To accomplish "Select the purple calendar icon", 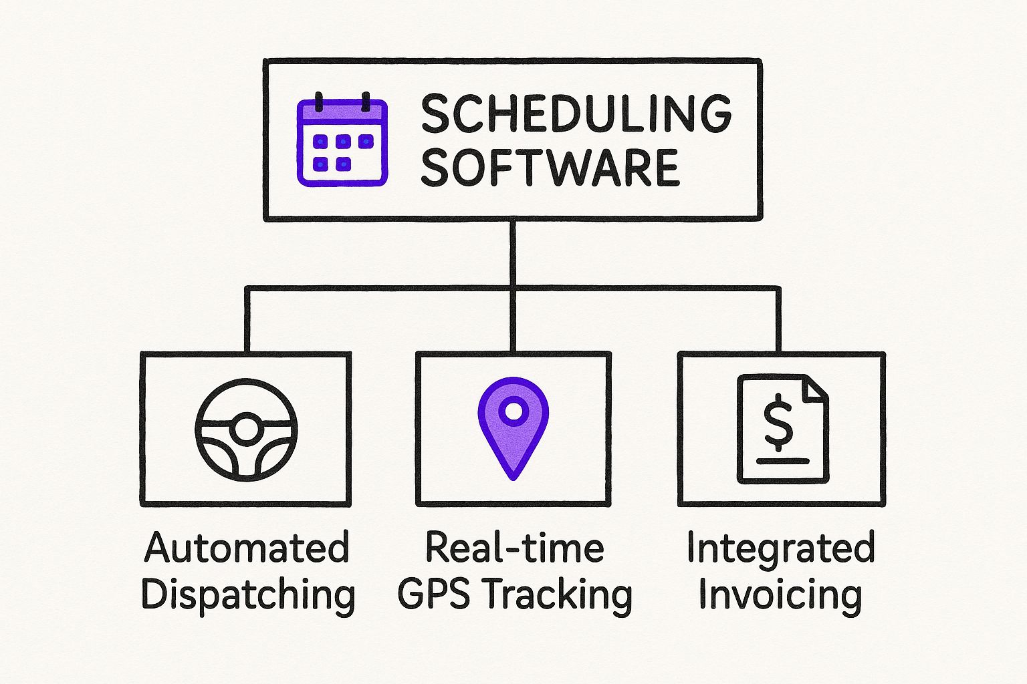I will pos(342,141).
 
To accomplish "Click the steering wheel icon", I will pos(245,430).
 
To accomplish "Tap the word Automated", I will pos(247,548).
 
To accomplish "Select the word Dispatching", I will pos(248,594).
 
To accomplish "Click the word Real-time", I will pos(514,548).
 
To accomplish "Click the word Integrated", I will pos(780,548).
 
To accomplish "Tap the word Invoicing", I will pos(780,594).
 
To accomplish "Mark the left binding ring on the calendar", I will pos(320,102).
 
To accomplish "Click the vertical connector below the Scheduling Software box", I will pos(513,254).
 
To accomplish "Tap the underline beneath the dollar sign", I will pos(782,460).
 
